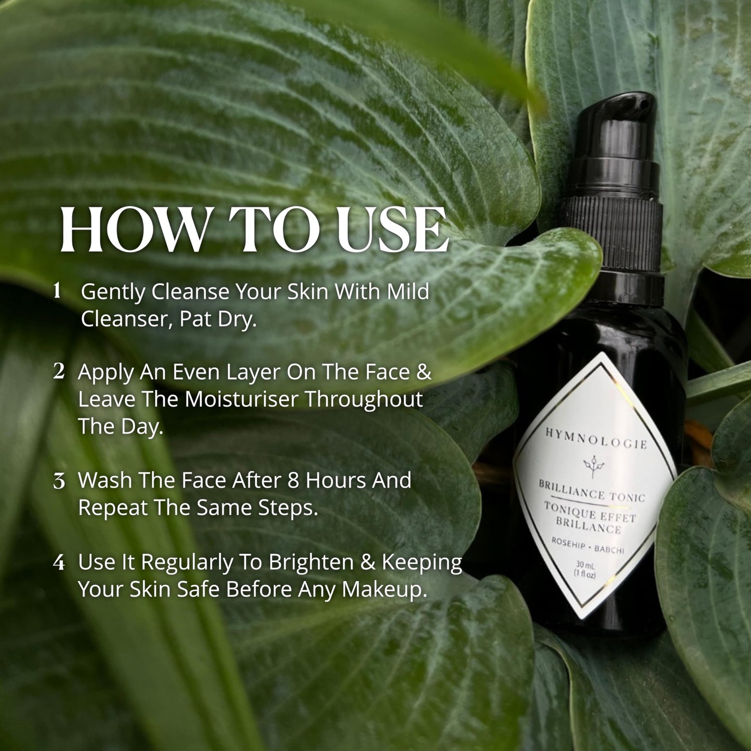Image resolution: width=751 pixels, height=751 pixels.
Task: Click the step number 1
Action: [58, 291]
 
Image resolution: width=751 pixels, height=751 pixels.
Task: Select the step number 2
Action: [59, 372]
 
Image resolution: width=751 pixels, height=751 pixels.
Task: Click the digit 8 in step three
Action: [293, 480]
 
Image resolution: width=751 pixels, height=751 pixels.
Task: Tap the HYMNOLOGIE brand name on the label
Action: [596, 438]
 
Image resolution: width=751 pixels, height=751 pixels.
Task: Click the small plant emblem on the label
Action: [591, 465]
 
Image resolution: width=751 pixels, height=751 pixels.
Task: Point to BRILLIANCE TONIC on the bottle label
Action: [591, 491]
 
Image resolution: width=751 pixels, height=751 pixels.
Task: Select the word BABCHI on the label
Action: [609, 549]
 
